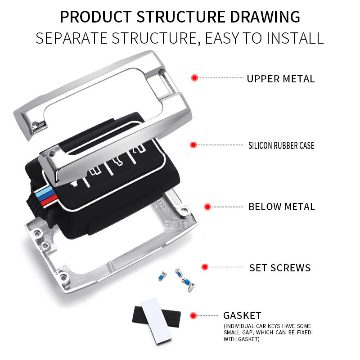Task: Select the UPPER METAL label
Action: (x=280, y=79)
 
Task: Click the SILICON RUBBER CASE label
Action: (x=281, y=145)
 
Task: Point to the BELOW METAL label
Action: (x=282, y=207)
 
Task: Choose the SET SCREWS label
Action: (x=280, y=268)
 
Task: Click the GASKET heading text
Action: (x=242, y=315)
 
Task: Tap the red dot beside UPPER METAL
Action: (x=194, y=78)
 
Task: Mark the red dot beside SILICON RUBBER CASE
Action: (x=193, y=145)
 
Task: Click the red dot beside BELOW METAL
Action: (x=207, y=207)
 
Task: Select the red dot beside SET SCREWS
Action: (x=205, y=267)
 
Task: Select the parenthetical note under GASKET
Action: (x=267, y=332)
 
